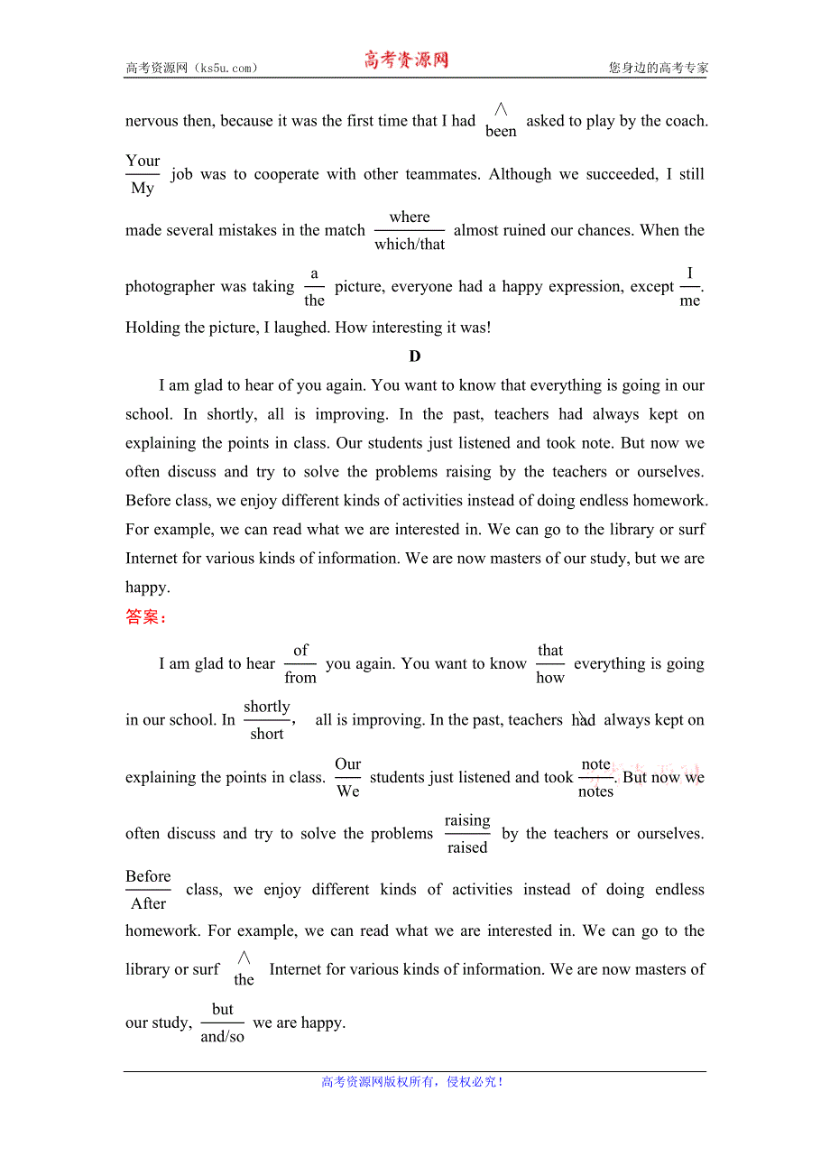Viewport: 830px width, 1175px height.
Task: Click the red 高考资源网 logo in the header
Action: (x=406, y=60)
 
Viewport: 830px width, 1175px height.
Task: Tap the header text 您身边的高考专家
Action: (x=658, y=68)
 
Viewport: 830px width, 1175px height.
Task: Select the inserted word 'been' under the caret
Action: (x=501, y=132)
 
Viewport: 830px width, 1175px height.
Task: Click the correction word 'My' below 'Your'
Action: (x=143, y=189)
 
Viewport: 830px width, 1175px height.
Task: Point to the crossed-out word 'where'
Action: (x=410, y=217)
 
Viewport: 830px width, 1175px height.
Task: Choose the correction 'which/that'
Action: (x=410, y=245)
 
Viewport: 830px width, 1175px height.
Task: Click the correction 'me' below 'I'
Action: (x=690, y=301)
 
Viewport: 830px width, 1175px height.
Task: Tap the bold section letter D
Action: (x=415, y=356)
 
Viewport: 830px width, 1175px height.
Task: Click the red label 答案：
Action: (x=146, y=617)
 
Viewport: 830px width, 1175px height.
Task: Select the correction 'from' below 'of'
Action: (x=300, y=678)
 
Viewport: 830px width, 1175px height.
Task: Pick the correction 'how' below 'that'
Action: (x=550, y=678)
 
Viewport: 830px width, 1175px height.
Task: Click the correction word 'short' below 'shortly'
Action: (x=267, y=735)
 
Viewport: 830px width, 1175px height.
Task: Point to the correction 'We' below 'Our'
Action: (x=348, y=791)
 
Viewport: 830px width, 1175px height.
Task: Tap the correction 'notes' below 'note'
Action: (x=595, y=791)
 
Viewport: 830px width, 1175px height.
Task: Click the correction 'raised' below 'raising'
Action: (x=467, y=847)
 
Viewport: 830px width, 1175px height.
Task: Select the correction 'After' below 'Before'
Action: (x=149, y=903)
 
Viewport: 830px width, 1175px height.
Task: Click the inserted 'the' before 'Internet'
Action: (x=244, y=980)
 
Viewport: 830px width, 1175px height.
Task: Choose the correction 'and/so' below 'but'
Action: (x=223, y=1037)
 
